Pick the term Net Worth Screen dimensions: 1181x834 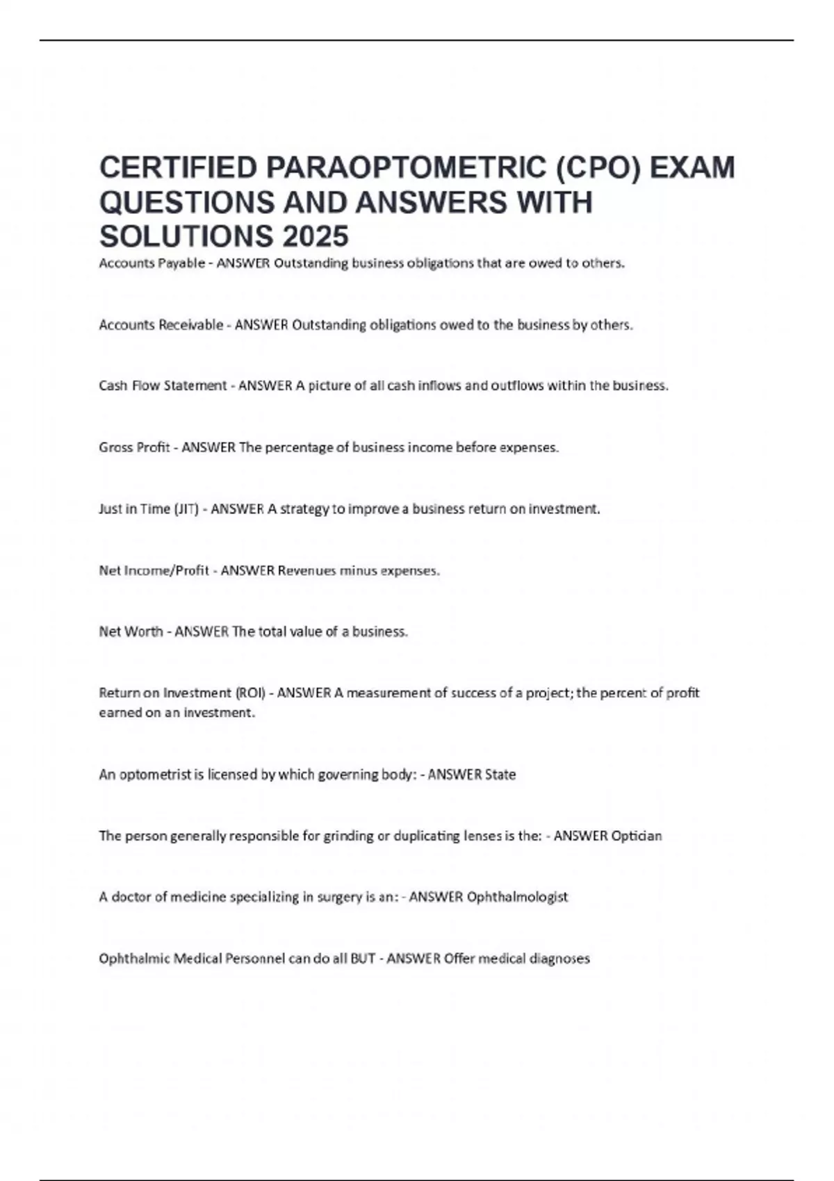click(x=131, y=631)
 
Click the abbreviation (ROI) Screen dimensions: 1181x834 click(x=250, y=693)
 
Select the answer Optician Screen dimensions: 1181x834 click(x=636, y=836)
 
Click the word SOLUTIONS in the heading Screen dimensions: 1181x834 click(x=187, y=236)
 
